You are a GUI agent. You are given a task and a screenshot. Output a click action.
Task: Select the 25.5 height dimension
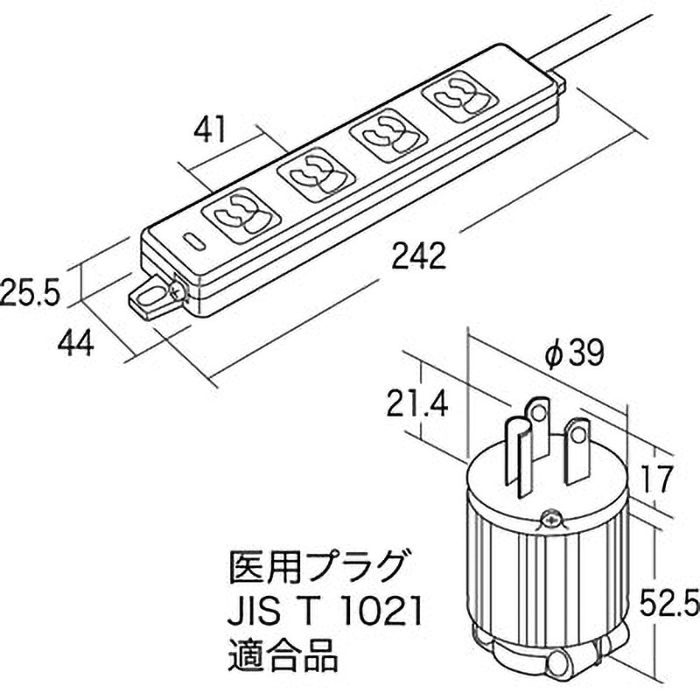(29, 291)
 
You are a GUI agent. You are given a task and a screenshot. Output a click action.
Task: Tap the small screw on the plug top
(550, 518)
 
